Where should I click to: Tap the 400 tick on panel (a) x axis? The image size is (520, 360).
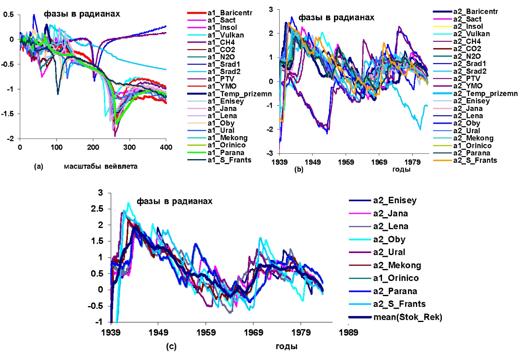166,147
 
